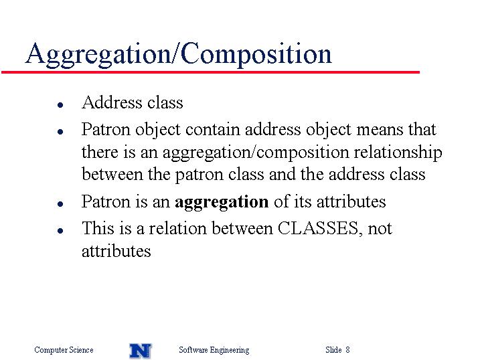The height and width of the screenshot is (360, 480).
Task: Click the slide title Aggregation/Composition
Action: point(179,54)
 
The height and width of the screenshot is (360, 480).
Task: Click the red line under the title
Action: point(210,72)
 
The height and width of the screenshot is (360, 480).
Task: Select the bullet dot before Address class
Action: point(60,105)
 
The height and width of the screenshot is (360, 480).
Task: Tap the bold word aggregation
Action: point(222,203)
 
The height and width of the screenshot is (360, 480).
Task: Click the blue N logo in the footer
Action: point(141,351)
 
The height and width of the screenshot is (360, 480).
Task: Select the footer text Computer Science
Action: point(64,349)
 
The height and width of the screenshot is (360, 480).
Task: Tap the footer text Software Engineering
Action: point(214,350)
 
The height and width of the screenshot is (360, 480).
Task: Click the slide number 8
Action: point(347,349)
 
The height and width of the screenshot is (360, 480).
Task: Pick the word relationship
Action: point(398,153)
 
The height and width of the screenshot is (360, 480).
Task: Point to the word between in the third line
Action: point(112,175)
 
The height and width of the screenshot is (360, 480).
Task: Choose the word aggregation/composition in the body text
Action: point(256,153)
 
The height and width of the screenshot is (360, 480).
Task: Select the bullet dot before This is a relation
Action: point(60,231)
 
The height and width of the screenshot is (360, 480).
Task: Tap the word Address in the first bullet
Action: point(112,102)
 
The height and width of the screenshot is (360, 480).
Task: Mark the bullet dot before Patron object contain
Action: point(60,132)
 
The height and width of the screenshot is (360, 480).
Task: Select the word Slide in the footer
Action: point(333,349)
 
